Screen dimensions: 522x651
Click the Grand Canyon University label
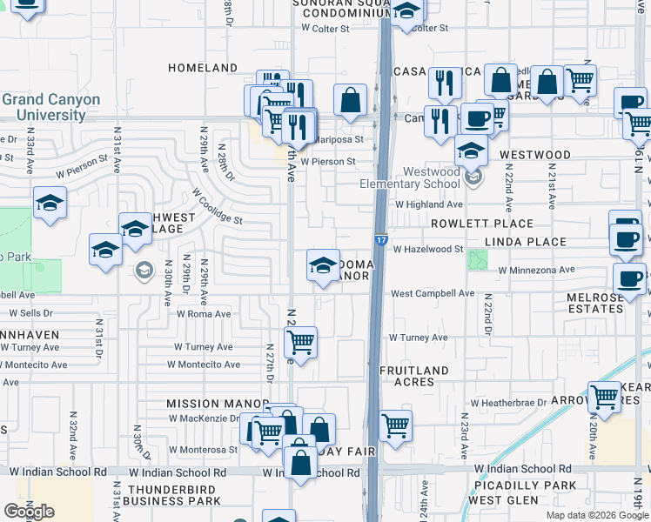click(50, 107)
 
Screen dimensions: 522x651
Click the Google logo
click(29, 512)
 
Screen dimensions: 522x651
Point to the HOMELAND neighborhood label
click(203, 68)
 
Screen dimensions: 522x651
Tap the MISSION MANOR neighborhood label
click(218, 404)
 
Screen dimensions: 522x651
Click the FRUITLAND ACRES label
click(414, 376)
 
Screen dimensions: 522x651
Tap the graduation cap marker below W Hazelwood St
click(323, 264)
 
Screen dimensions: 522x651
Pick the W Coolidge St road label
click(217, 208)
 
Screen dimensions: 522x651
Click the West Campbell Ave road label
click(432, 294)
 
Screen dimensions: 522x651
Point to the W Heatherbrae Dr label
click(507, 403)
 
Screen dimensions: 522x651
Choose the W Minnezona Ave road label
click(537, 270)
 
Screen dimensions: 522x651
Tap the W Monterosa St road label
click(204, 450)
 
